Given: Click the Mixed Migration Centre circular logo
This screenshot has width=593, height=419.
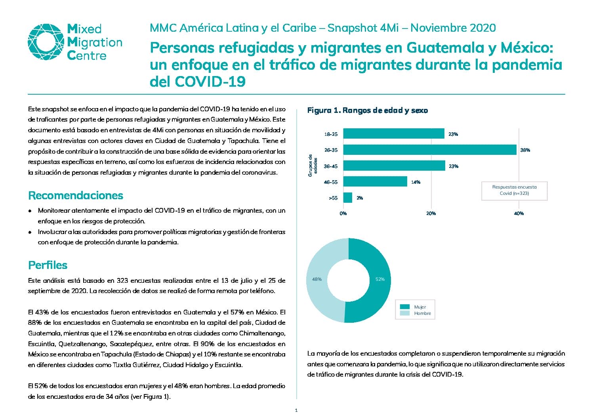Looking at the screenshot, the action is click(x=46, y=42).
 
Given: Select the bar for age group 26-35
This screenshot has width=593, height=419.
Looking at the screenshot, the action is click(x=430, y=150).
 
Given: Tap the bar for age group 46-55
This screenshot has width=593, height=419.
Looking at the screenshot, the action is click(x=375, y=181).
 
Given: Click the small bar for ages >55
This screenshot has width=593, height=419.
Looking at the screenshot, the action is click(x=347, y=198).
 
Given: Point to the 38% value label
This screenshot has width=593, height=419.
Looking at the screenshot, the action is click(x=525, y=150).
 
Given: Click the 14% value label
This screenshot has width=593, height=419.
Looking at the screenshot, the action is click(x=416, y=182).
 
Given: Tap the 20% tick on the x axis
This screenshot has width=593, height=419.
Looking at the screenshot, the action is click(x=431, y=213).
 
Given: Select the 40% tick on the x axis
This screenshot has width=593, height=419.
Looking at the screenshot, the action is click(x=519, y=213).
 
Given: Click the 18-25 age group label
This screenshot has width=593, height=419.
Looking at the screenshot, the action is click(x=331, y=134).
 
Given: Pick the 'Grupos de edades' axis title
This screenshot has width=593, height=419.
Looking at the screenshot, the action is click(x=313, y=166).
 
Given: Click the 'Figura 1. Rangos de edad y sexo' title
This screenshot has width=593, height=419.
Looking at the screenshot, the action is click(x=368, y=110).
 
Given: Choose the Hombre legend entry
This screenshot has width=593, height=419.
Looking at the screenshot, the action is click(x=416, y=313).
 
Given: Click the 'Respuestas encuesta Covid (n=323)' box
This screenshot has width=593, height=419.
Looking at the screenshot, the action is click(x=515, y=190).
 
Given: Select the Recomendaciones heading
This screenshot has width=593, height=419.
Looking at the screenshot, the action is click(x=76, y=195).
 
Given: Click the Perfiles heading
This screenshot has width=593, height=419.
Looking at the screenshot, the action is click(x=48, y=265).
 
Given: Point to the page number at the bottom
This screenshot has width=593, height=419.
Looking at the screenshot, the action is click(x=296, y=410).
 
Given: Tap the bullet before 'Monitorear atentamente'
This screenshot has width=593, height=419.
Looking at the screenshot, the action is click(x=30, y=211).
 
